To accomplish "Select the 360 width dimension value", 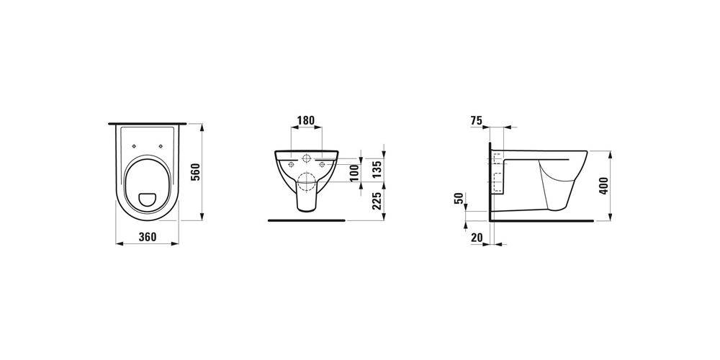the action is click(x=148, y=237).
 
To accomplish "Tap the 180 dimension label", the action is click(x=305, y=120).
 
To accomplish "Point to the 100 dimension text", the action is click(x=354, y=173).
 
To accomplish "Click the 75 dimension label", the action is click(x=476, y=121).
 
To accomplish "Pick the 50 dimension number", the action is click(x=458, y=199).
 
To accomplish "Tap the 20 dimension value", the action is click(x=477, y=238).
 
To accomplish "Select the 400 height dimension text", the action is click(x=603, y=186).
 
